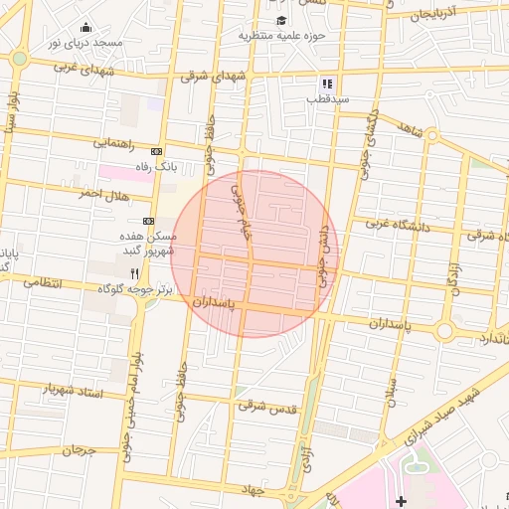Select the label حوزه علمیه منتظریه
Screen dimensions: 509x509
[282, 36]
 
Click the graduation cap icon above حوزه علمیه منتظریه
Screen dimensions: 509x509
[281, 20]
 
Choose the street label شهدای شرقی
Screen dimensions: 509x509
[212, 76]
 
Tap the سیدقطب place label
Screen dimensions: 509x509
[326, 100]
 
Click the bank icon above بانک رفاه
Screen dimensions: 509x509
[155, 151]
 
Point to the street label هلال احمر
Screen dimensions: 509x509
[104, 194]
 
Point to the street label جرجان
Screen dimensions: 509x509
[78, 449]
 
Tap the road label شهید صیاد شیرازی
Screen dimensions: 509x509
[444, 411]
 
